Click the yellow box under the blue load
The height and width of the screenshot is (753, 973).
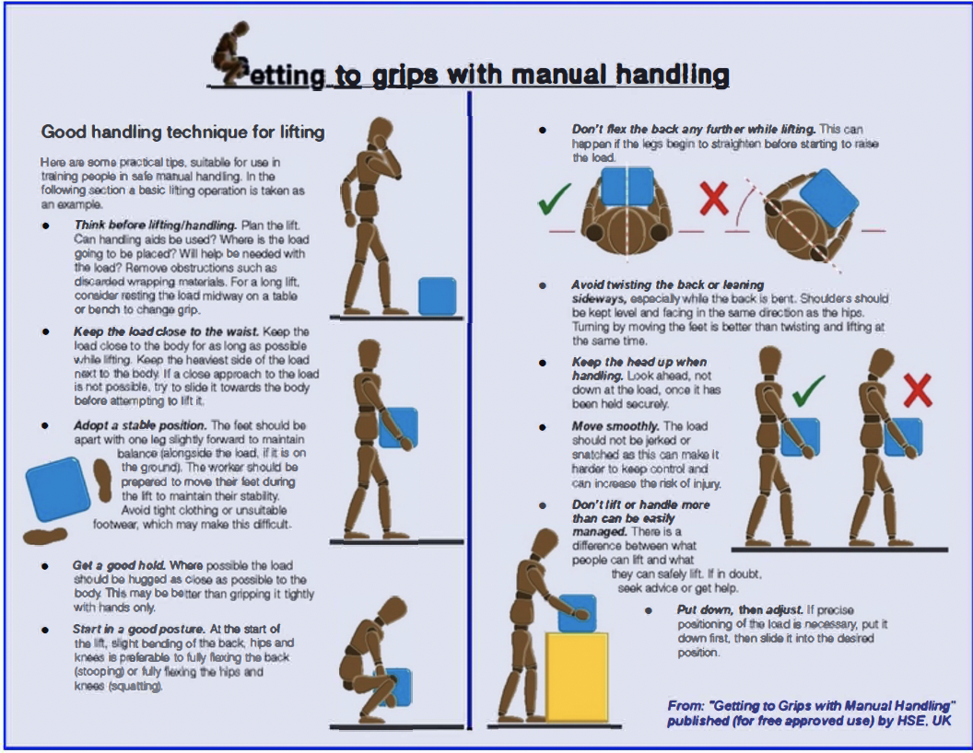coord(577,678)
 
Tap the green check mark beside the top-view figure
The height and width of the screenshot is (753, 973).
coord(554,198)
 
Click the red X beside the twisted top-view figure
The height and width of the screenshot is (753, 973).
coord(714,198)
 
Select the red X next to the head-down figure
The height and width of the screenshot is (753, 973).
coord(917,389)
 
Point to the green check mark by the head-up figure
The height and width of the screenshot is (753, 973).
coord(809,390)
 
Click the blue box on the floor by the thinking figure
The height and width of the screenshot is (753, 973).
coord(438,296)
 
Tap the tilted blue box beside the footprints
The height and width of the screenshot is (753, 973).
coord(58,489)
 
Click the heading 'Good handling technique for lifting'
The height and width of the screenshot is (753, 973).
coord(182,132)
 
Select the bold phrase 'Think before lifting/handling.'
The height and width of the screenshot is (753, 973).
coord(155,225)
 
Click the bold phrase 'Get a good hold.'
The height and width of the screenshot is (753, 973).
coord(119,565)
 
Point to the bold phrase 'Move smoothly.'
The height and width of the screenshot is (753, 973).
coord(615,426)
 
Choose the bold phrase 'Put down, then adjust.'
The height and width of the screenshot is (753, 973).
coord(740,609)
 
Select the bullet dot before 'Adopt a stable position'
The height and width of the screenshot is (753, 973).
coord(45,426)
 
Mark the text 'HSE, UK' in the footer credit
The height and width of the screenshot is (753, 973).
coord(928,721)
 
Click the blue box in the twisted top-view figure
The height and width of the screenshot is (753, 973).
coord(828,198)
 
